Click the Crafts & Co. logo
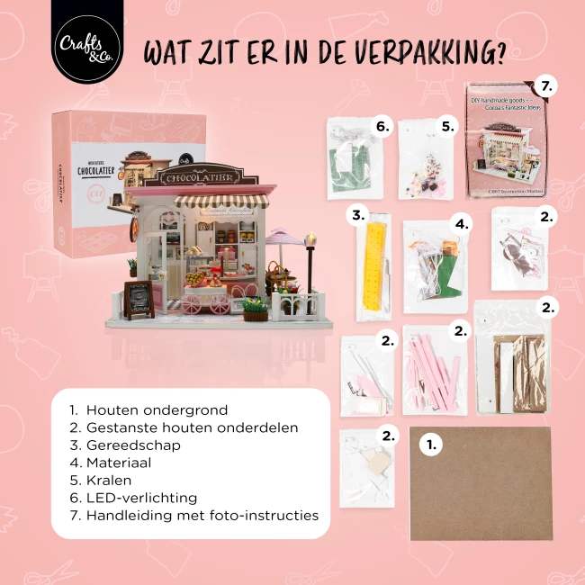tap(87, 42)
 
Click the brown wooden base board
tap(481, 483)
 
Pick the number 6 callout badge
tap(382, 127)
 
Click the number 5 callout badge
tap(447, 127)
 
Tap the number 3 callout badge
tap(357, 216)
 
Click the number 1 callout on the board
tap(430, 443)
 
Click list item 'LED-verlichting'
tap(141, 498)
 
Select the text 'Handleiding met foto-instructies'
tap(202, 516)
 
